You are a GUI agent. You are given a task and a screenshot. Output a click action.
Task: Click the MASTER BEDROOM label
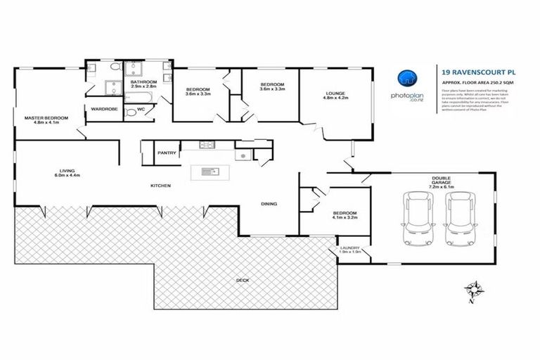pyautogui.click(x=46, y=117)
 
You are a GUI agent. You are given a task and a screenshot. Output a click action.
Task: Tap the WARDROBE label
pyautogui.click(x=98, y=109)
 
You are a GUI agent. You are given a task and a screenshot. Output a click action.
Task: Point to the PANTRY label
pyautogui.click(x=167, y=152)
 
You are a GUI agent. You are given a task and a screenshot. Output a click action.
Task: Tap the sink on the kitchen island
pyautogui.click(x=207, y=171)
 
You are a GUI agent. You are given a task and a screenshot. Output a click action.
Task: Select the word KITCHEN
pyautogui.click(x=161, y=186)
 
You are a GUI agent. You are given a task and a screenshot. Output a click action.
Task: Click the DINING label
pyautogui.click(x=269, y=204)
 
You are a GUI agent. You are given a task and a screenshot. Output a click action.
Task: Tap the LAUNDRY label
pyautogui.click(x=349, y=247)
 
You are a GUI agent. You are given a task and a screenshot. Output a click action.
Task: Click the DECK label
pyautogui.click(x=243, y=281)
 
